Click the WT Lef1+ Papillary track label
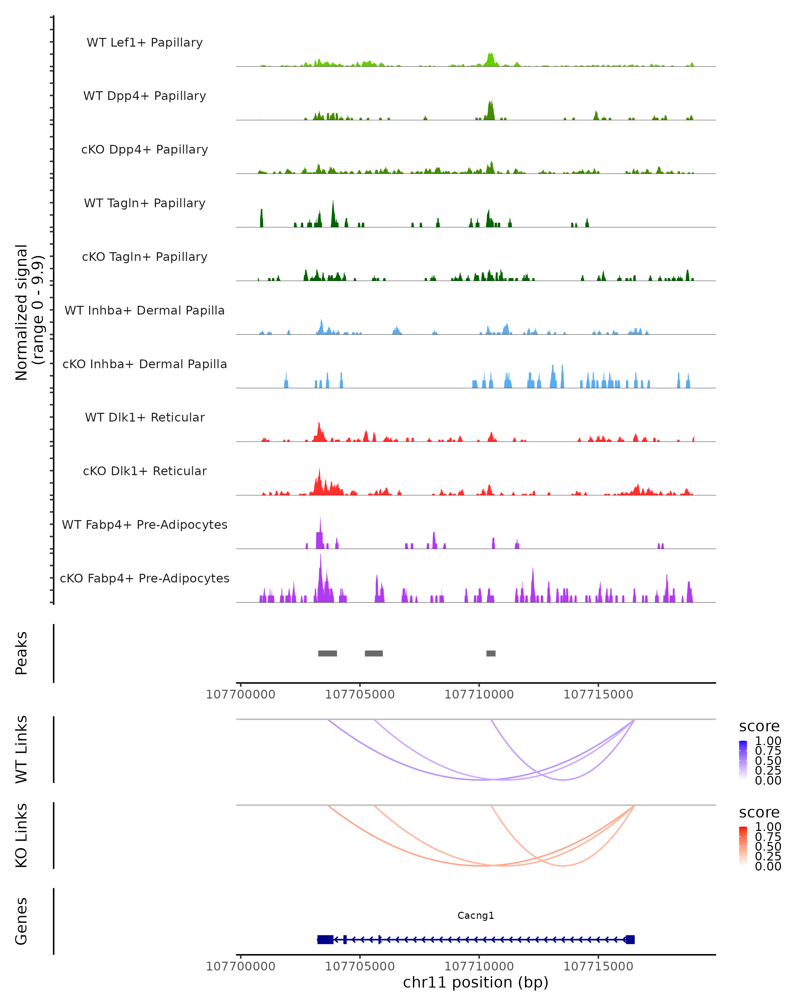(x=145, y=43)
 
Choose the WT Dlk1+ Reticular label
(x=145, y=417)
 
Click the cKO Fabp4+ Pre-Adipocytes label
(x=145, y=578)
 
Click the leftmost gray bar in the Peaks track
(x=328, y=653)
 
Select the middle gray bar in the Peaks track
(x=374, y=653)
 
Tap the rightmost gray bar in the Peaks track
(x=491, y=653)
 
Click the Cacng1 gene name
(x=476, y=915)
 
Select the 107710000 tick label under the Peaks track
(x=479, y=694)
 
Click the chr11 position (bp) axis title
(x=476, y=983)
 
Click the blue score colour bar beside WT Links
(x=743, y=760)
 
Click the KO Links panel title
(x=21, y=835)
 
